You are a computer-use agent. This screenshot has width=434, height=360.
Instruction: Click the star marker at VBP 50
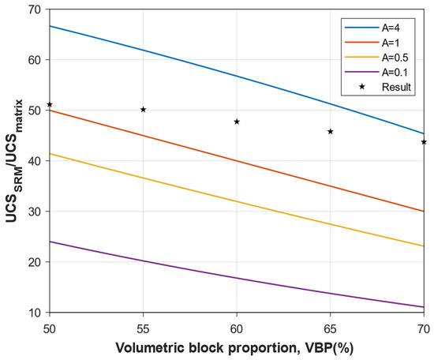tap(50, 104)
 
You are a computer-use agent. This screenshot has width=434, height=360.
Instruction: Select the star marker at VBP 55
tap(143, 109)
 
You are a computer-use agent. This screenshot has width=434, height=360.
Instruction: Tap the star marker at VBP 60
tap(237, 122)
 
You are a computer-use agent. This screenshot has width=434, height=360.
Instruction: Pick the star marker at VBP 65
tap(331, 131)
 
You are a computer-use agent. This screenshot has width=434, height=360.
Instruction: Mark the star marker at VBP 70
tap(424, 142)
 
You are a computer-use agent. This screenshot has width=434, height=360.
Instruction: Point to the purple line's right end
tap(424, 307)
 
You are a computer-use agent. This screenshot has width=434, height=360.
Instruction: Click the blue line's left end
tap(50, 26)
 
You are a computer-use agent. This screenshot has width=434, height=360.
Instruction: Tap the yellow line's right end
tap(424, 246)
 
